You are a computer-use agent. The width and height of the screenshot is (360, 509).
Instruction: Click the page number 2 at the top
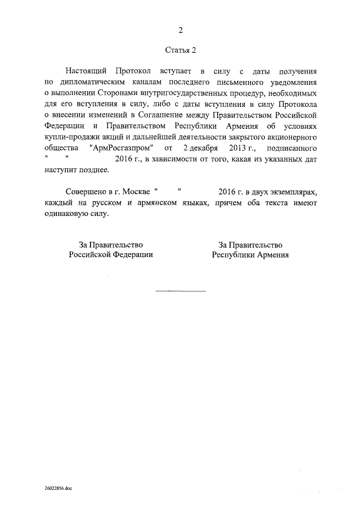pyautogui.click(x=181, y=30)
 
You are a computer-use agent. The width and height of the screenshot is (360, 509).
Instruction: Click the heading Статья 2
pyautogui.click(x=181, y=50)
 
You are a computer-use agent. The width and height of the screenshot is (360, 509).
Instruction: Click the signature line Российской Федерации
pyautogui.click(x=111, y=254)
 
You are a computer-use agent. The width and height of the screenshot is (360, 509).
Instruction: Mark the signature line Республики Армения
pyautogui.click(x=250, y=254)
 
